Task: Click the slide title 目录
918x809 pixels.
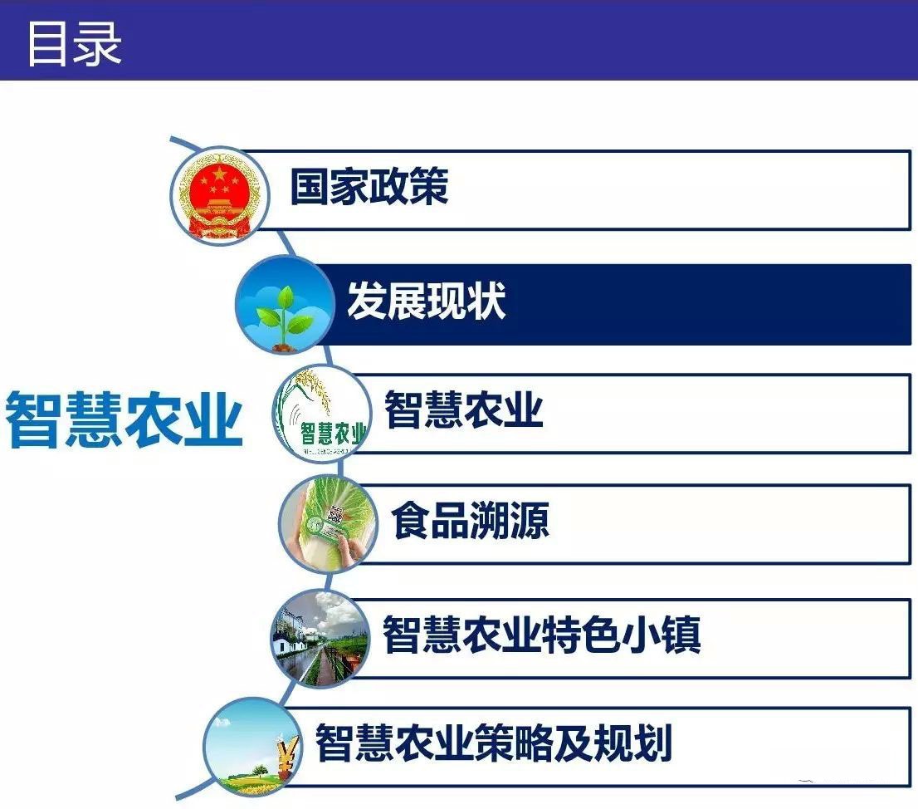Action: point(75,44)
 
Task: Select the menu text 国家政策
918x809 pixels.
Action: point(369,186)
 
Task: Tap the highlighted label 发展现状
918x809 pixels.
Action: point(427,301)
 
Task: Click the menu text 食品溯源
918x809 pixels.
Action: point(471,520)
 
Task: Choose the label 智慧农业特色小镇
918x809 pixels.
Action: point(541,634)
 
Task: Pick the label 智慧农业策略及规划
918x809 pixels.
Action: point(493,743)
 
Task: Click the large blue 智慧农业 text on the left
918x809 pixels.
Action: point(125,419)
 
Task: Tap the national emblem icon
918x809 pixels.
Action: point(220,196)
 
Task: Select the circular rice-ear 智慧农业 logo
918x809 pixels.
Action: point(321,413)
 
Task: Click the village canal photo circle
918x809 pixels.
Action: point(320,639)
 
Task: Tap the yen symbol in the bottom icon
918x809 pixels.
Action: point(287,756)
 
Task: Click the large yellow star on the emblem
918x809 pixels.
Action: point(218,174)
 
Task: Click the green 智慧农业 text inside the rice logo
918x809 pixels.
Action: point(334,434)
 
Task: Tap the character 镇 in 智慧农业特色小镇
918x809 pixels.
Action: point(681,634)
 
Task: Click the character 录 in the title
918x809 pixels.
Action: point(98,44)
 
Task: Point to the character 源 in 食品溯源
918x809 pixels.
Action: point(530,520)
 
